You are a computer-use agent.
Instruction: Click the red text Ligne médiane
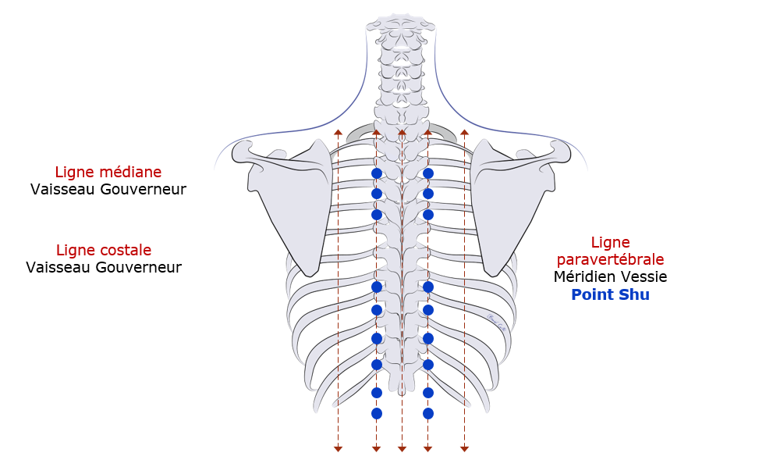[x=108, y=172]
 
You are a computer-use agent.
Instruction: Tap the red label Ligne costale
[x=104, y=250]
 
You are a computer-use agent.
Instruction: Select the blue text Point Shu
[x=610, y=294]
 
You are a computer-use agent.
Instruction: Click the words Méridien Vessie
[x=610, y=276]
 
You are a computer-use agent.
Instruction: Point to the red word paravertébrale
[x=610, y=259]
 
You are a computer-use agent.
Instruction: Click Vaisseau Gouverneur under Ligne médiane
[x=108, y=189]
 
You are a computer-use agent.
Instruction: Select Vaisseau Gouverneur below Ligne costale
[x=104, y=267]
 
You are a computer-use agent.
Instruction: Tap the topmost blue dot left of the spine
[x=377, y=173]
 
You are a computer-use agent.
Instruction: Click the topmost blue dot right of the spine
[x=427, y=173]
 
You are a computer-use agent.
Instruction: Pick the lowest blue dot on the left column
[x=377, y=413]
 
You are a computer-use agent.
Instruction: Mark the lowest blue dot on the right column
[x=427, y=413]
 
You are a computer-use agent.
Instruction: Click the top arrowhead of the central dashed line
[x=402, y=133]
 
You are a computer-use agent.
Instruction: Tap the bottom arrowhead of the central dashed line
[x=402, y=448]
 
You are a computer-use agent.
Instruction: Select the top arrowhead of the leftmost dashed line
[x=338, y=133]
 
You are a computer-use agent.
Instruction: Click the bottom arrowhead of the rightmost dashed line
[x=464, y=448]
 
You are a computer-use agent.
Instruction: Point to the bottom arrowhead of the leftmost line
[x=338, y=448]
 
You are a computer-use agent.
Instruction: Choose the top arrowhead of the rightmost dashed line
[x=464, y=133]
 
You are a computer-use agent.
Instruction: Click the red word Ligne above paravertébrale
[x=610, y=242]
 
